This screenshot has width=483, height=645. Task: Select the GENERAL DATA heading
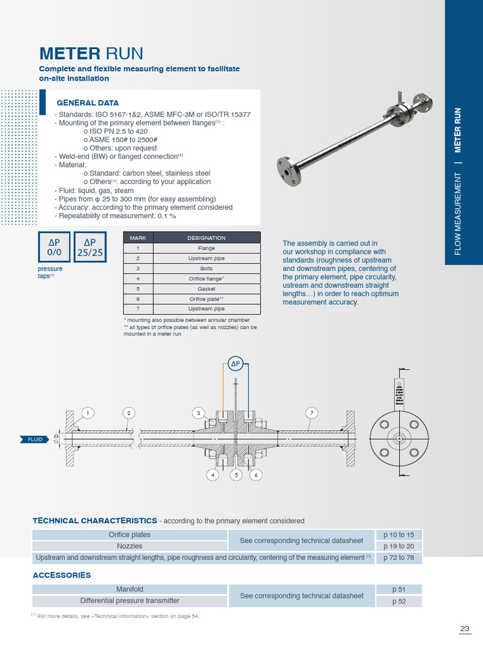[x=87, y=103]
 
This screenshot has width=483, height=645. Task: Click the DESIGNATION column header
[x=206, y=237]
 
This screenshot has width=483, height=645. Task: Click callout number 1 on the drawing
[x=87, y=413]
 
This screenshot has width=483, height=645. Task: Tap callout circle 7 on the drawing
[x=311, y=413]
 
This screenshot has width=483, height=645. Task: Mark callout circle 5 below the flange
[x=235, y=476]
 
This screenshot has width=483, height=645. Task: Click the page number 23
[x=465, y=629]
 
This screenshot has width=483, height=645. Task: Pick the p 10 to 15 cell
[x=399, y=535]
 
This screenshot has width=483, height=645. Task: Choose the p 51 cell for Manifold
[x=399, y=590]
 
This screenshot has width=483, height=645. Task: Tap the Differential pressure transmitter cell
[x=130, y=601]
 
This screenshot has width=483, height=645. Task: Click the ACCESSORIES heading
[x=62, y=575]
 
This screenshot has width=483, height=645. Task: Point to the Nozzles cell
[x=130, y=546]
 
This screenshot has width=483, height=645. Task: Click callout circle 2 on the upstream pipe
[x=128, y=413]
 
